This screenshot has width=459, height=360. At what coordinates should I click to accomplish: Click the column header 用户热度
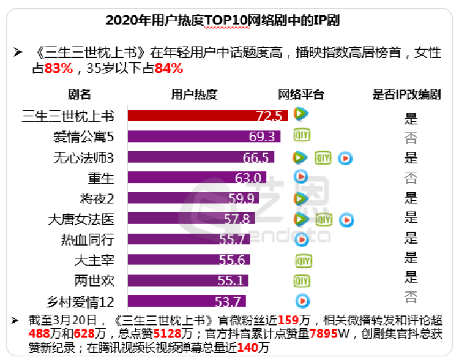pyautogui.click(x=193, y=94)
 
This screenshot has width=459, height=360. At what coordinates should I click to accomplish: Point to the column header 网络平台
pyautogui.click(x=300, y=94)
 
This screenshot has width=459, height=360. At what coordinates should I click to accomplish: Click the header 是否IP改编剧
pyautogui.click(x=407, y=94)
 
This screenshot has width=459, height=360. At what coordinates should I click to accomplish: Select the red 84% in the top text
pyautogui.click(x=169, y=69)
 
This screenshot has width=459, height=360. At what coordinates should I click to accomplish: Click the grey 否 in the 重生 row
pyautogui.click(x=411, y=178)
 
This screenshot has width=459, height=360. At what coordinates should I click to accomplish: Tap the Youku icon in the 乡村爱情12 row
pyautogui.click(x=302, y=301)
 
